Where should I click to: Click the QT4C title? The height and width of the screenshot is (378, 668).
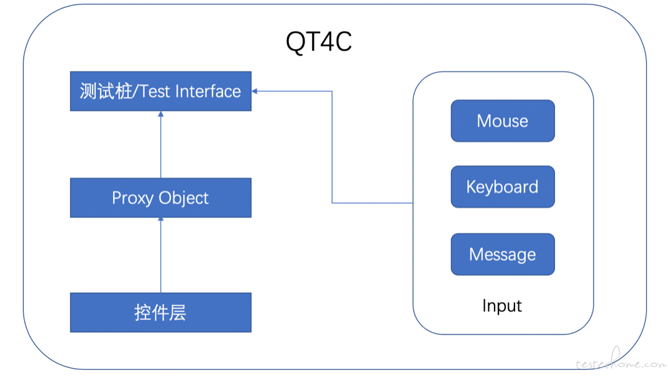(x=319, y=42)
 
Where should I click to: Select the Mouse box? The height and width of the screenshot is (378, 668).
(x=503, y=121)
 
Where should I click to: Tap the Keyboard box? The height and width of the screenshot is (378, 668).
(x=503, y=187)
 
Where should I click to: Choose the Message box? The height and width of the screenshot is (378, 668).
(x=503, y=254)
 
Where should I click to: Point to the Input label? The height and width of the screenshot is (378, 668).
(x=502, y=306)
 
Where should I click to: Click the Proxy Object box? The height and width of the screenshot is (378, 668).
(x=160, y=198)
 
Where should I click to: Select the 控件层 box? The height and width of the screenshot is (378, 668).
(x=160, y=312)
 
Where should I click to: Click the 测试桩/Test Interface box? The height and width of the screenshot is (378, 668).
(x=160, y=91)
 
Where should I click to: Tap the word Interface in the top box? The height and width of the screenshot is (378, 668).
(x=208, y=91)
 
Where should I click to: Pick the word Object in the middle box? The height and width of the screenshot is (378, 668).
(x=183, y=199)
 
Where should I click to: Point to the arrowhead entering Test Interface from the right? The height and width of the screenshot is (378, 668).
(x=254, y=91)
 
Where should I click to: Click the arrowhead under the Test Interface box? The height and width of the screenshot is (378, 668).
(x=160, y=114)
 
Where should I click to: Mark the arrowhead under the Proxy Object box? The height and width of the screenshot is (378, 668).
(x=160, y=219)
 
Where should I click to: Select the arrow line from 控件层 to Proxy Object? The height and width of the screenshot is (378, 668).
(x=160, y=255)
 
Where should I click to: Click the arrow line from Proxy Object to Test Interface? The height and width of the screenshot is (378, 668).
(x=160, y=144)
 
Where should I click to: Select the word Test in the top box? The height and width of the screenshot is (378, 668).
(x=155, y=91)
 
